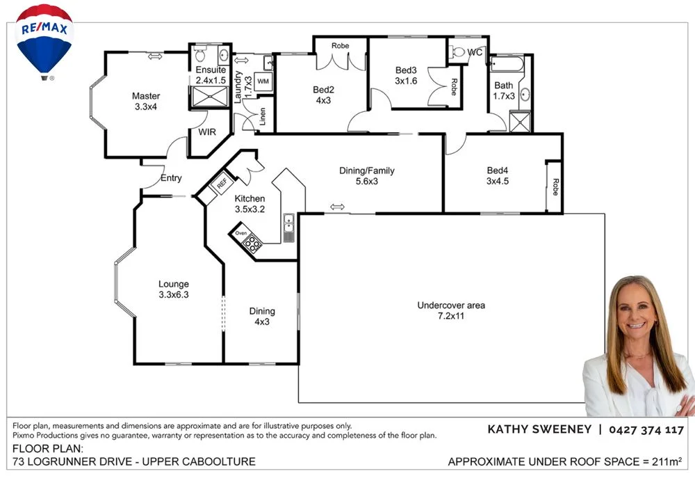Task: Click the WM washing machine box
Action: pos(263,81)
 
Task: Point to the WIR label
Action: pos(207,132)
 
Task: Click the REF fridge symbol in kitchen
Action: pos(222,184)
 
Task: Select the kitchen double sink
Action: pos(289,225)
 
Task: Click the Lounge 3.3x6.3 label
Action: pos(174,289)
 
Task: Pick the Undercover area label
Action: pos(451,310)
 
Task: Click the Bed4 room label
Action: pos(498,175)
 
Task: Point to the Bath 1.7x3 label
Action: pos(504,91)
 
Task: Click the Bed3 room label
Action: pos(407,75)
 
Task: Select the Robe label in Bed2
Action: pos(340,46)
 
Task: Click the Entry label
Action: pos(171,178)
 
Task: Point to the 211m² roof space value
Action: pos(668,461)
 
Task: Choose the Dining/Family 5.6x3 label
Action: pos(368,176)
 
